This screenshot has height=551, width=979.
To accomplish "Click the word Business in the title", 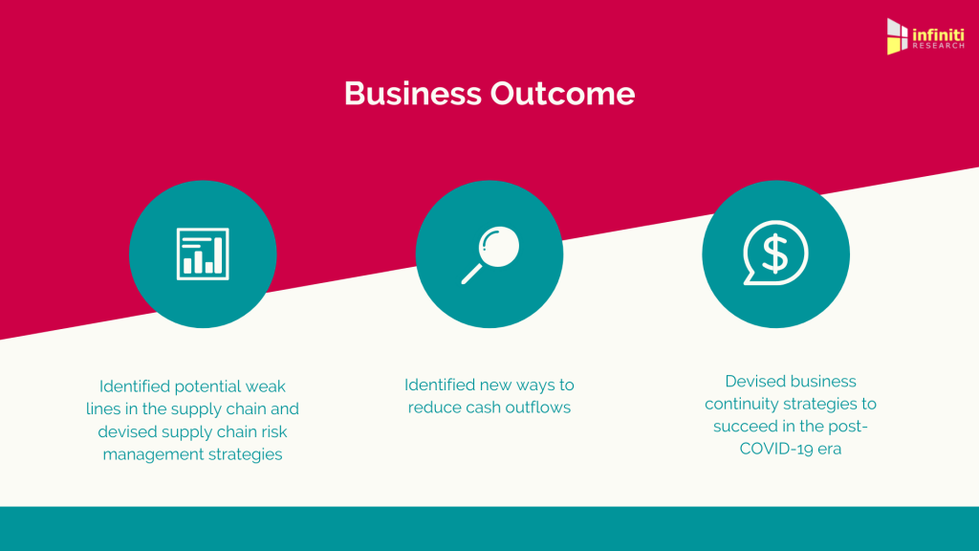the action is (413, 94).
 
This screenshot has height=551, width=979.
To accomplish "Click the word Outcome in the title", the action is (562, 94).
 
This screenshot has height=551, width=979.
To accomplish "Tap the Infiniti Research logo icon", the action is (897, 36).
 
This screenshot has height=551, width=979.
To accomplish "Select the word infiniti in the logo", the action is (939, 34).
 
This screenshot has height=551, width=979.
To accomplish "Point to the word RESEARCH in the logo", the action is (939, 46).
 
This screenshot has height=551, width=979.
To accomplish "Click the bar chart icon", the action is (203, 253).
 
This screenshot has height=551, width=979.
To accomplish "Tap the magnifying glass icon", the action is (490, 254).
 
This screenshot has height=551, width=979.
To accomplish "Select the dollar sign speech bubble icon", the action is (775, 253).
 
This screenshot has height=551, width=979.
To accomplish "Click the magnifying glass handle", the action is (471, 275).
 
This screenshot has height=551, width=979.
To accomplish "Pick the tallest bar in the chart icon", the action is (219, 256).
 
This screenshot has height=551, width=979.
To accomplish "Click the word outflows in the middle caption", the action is (537, 408).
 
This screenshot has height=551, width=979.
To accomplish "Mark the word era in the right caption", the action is (831, 449).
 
